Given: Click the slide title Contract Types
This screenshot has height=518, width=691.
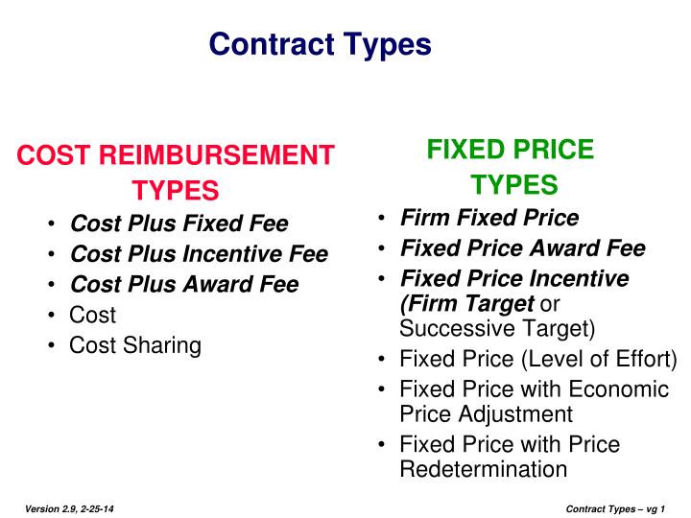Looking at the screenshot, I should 321,44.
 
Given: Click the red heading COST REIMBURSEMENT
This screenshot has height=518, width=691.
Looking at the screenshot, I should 177,155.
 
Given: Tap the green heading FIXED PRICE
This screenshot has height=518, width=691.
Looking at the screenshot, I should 511,150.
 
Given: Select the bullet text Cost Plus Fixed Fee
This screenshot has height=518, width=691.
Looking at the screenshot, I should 179,224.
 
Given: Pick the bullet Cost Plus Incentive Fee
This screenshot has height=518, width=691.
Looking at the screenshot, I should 200,254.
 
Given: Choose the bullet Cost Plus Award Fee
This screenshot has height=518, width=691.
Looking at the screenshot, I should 185,285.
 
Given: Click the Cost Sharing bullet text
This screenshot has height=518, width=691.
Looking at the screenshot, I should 135,345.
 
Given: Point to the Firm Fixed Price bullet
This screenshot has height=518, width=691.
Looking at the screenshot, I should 489,218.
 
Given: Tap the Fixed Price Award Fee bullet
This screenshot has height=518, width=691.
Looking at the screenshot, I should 523,248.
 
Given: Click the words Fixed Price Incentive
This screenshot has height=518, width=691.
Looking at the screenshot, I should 514,279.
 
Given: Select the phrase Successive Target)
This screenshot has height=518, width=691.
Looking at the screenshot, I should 497,329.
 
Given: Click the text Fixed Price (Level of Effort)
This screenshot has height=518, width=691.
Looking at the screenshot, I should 538,360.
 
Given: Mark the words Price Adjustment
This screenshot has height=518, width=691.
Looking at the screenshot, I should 486,414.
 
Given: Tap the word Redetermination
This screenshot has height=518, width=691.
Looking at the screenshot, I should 484,469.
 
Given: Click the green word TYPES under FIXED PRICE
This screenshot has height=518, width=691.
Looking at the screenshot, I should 514,185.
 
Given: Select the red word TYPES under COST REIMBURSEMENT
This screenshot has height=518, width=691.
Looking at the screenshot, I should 176,190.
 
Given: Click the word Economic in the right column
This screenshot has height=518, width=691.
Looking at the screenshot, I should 620,389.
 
